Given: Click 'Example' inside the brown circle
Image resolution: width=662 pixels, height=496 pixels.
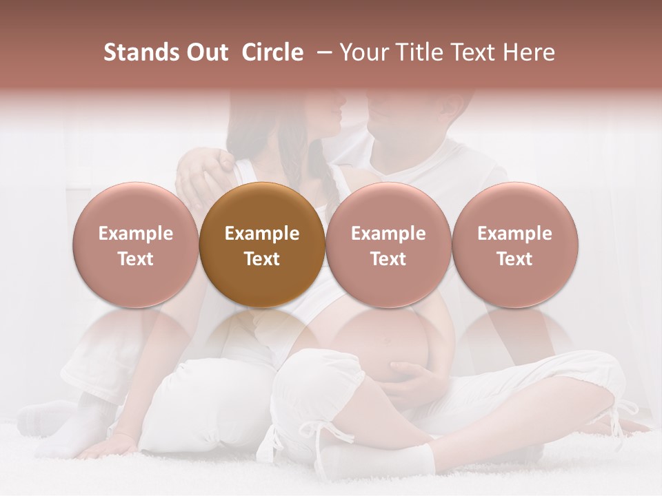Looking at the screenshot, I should click(x=262, y=234).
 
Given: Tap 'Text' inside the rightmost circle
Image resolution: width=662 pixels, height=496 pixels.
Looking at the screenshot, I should click(x=514, y=259).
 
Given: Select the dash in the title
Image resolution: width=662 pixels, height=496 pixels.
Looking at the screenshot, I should click(x=322, y=53).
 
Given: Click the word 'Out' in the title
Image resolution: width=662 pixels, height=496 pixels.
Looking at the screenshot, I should click(x=207, y=53).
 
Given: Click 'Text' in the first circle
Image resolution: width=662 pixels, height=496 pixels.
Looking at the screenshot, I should click(x=136, y=259).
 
